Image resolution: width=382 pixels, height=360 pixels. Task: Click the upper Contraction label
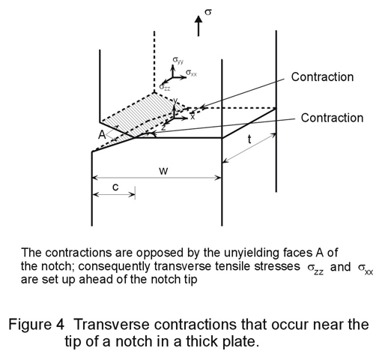[322, 76]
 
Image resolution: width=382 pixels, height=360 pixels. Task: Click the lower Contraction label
[332, 118]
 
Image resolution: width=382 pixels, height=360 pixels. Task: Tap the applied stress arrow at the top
[198, 25]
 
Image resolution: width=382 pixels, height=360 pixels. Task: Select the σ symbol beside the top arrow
[208, 11]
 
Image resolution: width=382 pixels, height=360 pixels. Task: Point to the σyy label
[178, 60]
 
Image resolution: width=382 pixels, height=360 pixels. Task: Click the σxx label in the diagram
[191, 73]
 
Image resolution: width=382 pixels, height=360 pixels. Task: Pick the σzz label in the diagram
[165, 87]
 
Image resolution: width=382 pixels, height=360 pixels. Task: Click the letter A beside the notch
[102, 135]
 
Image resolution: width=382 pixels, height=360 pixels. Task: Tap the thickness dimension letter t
[249, 139]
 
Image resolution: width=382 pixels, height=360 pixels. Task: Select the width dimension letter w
[163, 171]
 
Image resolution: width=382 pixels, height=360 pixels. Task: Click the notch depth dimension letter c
[115, 187]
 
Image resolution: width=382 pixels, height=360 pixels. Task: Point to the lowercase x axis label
[192, 116]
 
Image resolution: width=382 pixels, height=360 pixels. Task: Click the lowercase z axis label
[163, 127]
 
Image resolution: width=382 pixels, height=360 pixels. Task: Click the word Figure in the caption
[37, 325]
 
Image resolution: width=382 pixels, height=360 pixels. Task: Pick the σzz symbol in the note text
[315, 268]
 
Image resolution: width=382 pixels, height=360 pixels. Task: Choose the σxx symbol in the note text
[366, 268]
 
